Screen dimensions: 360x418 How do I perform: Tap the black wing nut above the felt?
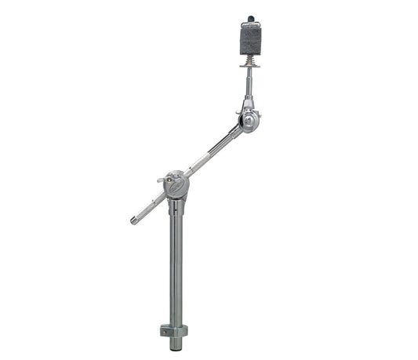[x=251, y=18]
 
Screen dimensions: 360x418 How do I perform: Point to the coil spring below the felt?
[x=250, y=60]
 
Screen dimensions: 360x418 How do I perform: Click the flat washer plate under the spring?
[x=250, y=67]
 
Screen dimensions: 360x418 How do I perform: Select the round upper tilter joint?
[x=249, y=120]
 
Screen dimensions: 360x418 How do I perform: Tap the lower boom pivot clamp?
[x=177, y=185]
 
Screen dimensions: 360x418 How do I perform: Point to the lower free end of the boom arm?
[x=134, y=222]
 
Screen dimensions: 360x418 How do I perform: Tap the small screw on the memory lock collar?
[x=164, y=331]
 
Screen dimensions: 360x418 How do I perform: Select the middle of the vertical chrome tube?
[x=176, y=267]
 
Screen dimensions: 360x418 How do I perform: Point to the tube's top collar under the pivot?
[x=176, y=206]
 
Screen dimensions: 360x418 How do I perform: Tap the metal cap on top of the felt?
[x=250, y=26]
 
